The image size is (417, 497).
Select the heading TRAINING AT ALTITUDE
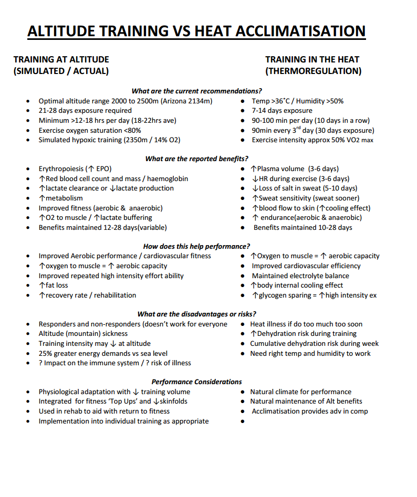coord(61,60)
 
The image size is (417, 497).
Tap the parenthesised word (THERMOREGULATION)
coord(313,71)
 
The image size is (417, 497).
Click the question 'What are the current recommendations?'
coord(196,91)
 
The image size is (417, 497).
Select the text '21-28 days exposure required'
coord(85,111)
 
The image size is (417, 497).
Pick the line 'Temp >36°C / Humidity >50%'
coord(297,101)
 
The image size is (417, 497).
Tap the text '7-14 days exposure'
coord(282,111)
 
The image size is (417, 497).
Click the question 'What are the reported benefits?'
coord(196,158)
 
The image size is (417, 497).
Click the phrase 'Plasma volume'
coord(280,169)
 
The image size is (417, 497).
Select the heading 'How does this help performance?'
coord(196,246)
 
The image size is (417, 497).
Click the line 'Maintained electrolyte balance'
coord(300,276)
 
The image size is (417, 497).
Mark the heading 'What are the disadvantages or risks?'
coord(196,314)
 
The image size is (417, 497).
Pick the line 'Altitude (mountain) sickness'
coord(83,334)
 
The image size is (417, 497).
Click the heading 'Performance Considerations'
coord(196,382)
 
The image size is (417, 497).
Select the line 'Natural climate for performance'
coord(300,392)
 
